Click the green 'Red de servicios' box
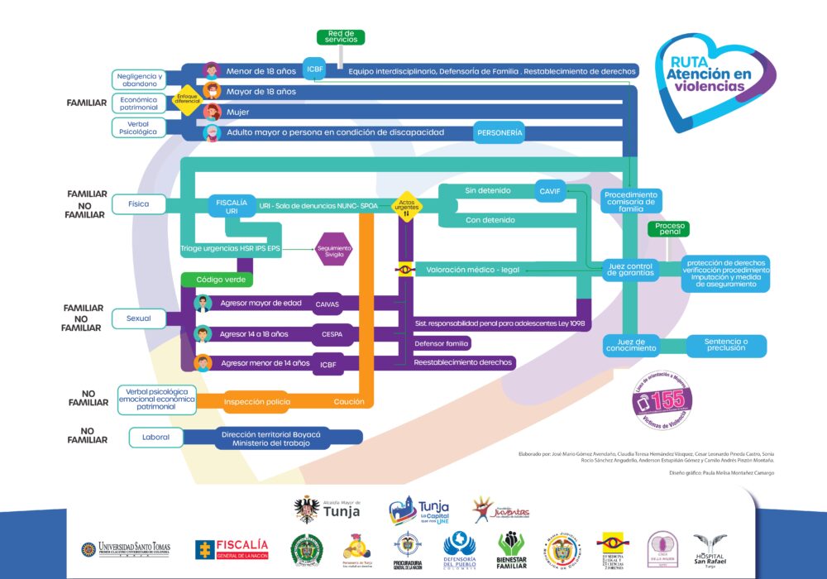tap(341, 37)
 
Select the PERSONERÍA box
tap(500, 132)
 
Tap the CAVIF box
tap(549, 191)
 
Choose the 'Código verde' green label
tap(220, 280)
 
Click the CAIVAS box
tap(327, 304)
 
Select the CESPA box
tap(327, 334)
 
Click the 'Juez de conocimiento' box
tap(630, 346)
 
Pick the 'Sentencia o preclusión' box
tap(724, 346)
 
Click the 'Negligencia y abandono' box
tap(138, 79)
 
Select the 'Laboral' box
tap(155, 437)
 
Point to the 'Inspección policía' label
tap(257, 402)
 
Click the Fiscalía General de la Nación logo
tap(232, 548)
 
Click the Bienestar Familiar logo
tap(511, 549)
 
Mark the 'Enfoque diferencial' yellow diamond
tap(187, 100)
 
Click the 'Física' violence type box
tap(138, 203)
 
